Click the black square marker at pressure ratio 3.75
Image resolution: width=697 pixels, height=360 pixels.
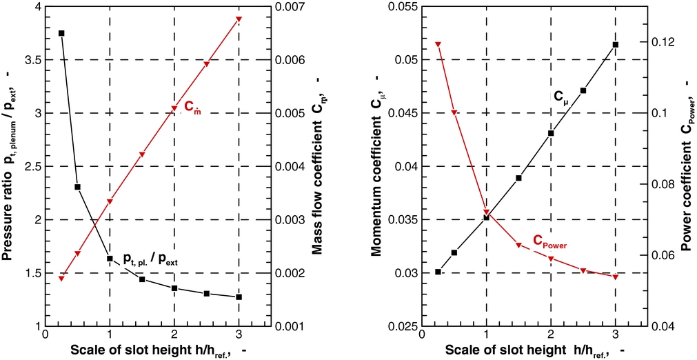(x=61, y=33)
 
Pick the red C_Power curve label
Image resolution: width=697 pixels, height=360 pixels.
(x=554, y=241)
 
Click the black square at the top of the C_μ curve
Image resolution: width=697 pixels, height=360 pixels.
(x=615, y=45)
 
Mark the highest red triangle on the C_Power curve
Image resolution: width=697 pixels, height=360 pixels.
(x=437, y=45)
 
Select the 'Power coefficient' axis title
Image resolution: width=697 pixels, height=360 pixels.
(x=689, y=166)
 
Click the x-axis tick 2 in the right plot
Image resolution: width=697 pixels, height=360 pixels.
(x=550, y=337)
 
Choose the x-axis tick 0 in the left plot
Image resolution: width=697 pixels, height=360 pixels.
(x=46, y=337)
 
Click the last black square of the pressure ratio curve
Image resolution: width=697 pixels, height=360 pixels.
(x=239, y=297)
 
